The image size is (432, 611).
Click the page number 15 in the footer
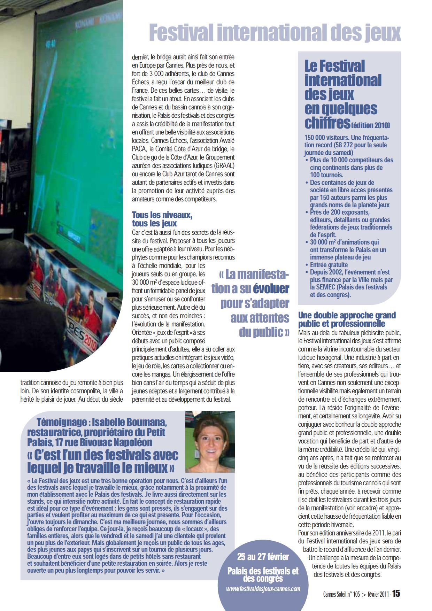click(x=396, y=594)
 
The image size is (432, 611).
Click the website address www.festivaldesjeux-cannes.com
click(x=263, y=589)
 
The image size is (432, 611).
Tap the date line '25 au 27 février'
click(x=263, y=557)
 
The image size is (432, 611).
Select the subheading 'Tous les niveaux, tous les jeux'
click(x=162, y=219)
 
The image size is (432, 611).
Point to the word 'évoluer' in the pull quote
click(x=271, y=288)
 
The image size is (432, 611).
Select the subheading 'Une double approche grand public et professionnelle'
click(x=347, y=319)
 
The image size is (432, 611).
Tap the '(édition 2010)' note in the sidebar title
click(x=371, y=125)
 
